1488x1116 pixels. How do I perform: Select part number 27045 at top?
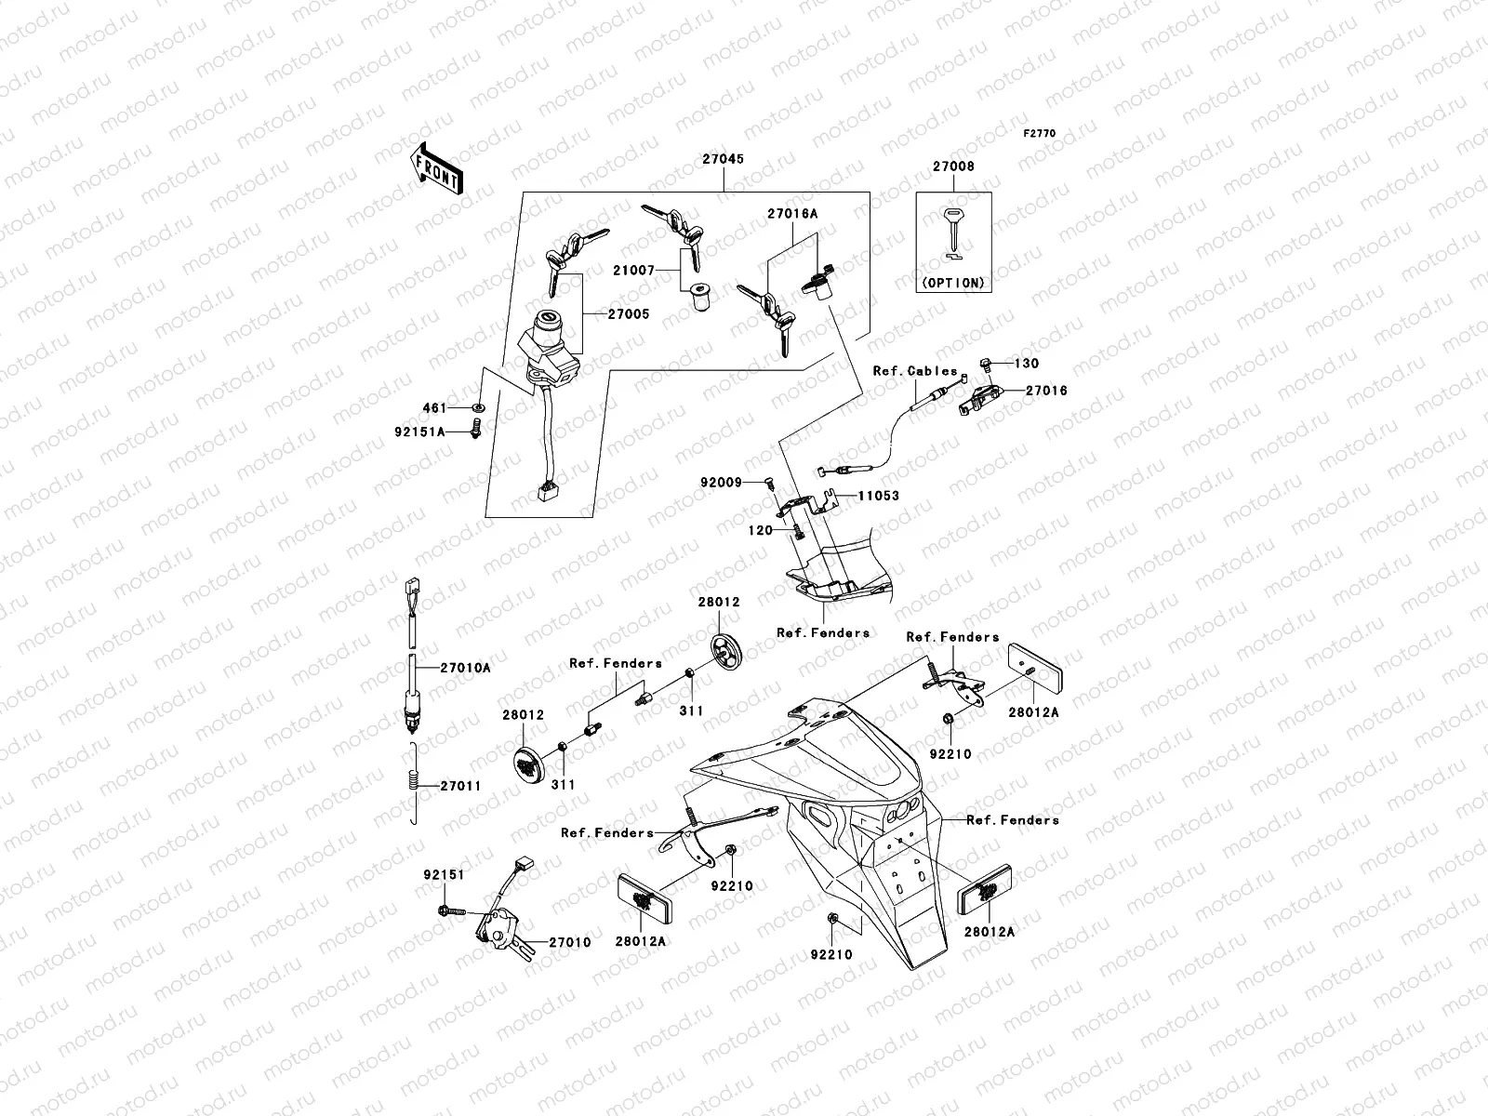(723, 160)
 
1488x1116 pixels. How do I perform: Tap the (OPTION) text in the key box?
(953, 282)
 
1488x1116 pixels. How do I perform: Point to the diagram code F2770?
(1040, 134)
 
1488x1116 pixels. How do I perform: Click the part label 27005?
(630, 314)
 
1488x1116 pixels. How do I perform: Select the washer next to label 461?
(478, 408)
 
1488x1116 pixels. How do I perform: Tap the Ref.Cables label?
(915, 371)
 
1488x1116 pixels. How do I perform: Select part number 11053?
(878, 496)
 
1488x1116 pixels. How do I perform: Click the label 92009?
(721, 482)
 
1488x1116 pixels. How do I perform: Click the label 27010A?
(465, 667)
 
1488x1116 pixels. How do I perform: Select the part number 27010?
(569, 942)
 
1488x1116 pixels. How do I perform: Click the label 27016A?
(792, 214)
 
